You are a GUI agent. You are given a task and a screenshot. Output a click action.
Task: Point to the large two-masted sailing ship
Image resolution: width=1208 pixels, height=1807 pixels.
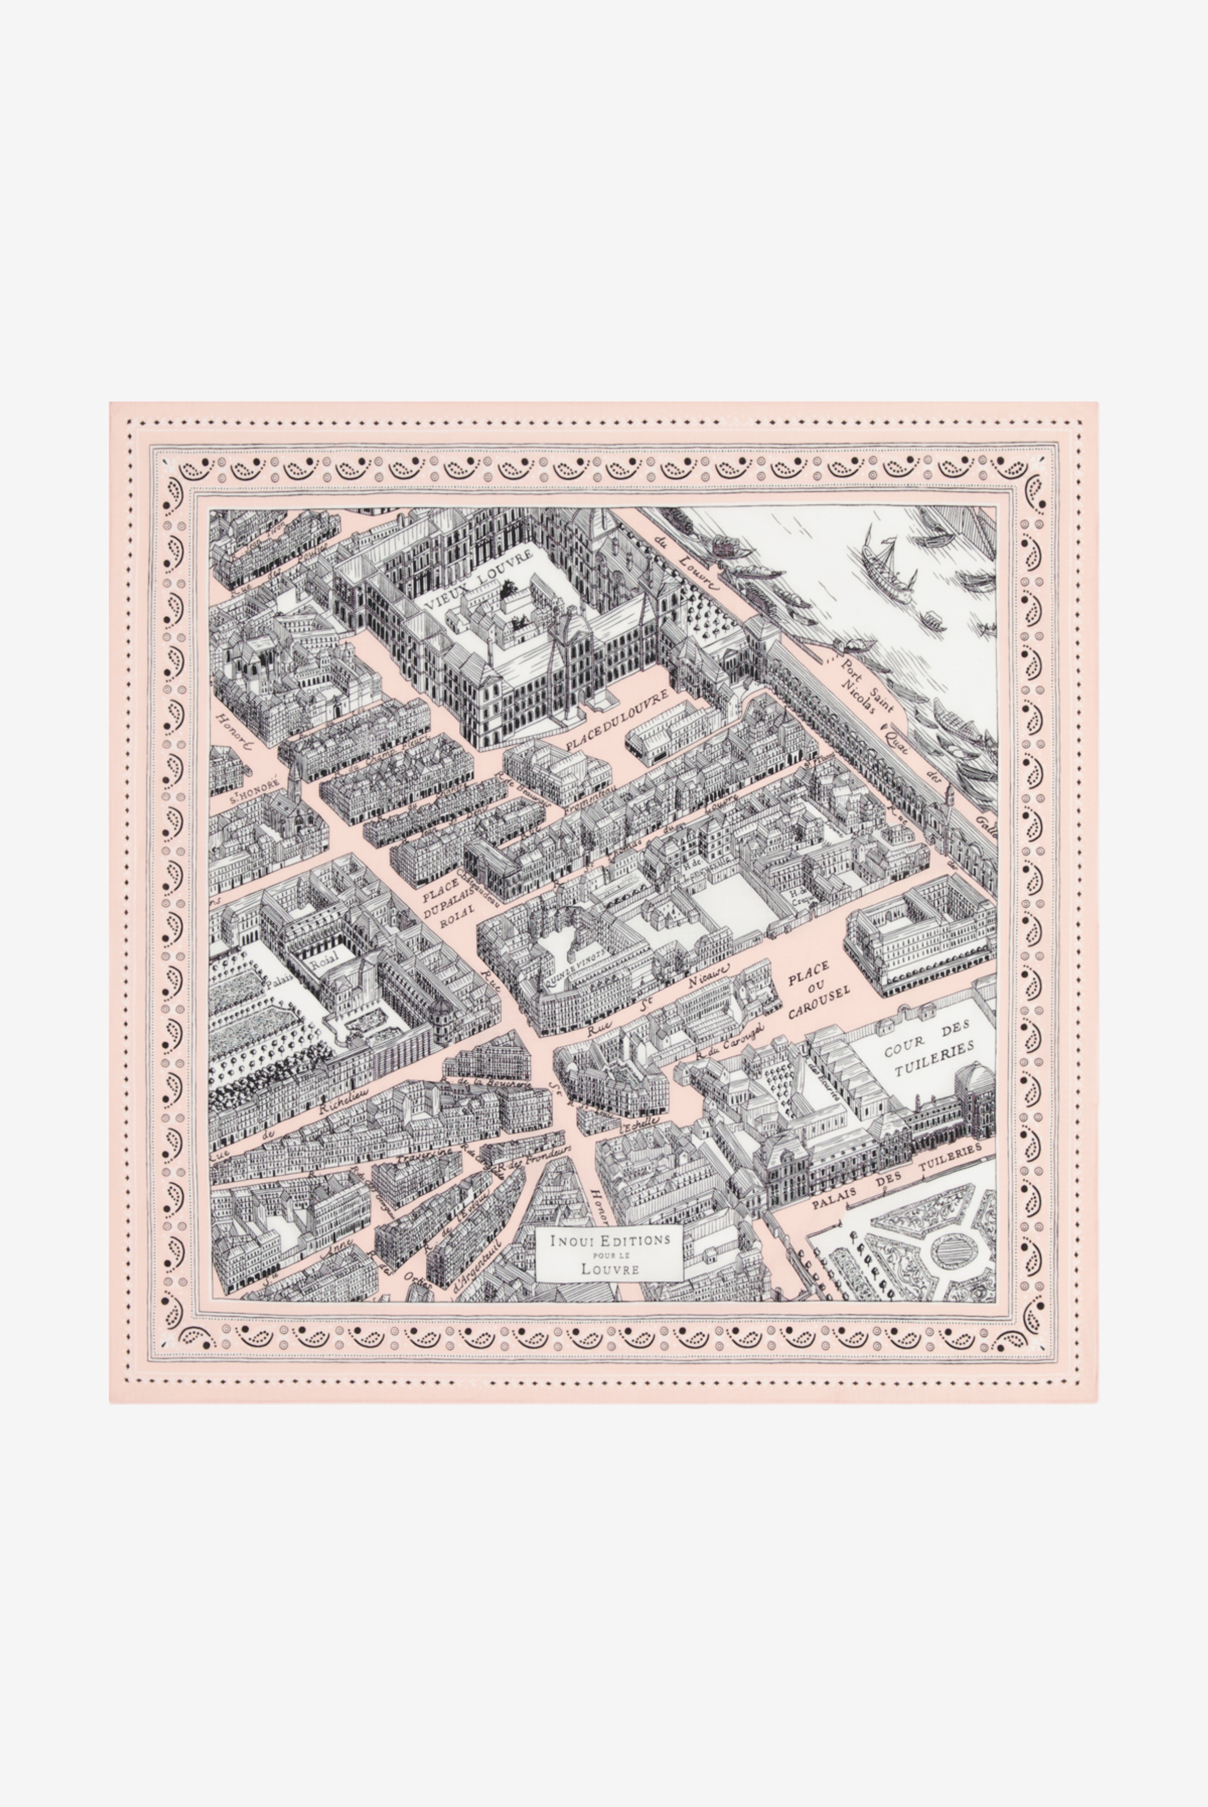coord(887,569)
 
